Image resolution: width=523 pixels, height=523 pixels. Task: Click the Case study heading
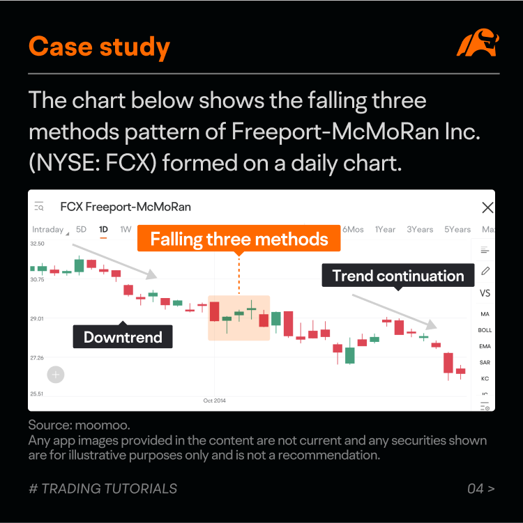pos(99,47)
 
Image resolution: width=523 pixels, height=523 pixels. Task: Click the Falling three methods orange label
pos(239,240)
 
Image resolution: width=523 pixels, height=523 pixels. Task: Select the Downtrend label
pos(123,337)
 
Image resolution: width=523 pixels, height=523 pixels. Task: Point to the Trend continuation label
pos(398,276)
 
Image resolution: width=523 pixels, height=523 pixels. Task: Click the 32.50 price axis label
pos(37,244)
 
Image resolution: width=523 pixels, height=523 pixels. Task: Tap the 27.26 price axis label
pos(37,357)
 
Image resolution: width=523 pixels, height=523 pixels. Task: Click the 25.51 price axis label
pos(37,393)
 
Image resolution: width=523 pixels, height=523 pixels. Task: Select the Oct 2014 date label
pos(215,400)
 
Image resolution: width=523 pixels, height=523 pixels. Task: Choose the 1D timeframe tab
pos(103,229)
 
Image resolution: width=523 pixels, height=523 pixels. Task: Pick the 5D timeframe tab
pos(81,229)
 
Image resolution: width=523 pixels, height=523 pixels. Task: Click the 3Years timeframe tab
pos(420,229)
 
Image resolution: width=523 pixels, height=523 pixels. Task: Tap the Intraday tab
pos(48,229)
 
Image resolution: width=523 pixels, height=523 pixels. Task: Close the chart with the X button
pos(487,208)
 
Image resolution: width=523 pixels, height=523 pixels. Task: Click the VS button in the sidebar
pos(485,293)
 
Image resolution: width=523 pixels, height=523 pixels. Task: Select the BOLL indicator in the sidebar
pos(485,330)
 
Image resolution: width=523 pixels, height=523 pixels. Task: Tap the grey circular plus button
pos(56,375)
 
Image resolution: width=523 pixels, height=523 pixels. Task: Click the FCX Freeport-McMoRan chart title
pos(126,207)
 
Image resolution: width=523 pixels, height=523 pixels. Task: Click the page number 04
pos(476,488)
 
